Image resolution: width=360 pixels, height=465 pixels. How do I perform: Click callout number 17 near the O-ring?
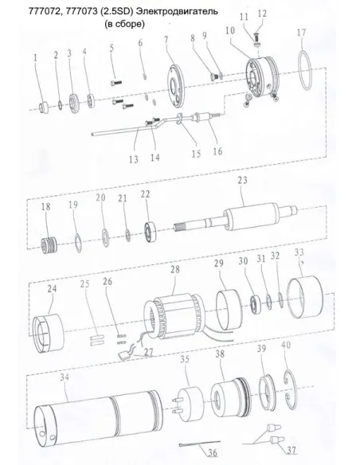click(301, 33)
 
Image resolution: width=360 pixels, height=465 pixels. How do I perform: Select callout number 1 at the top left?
click(35, 57)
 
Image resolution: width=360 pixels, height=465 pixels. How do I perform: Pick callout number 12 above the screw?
click(262, 14)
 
